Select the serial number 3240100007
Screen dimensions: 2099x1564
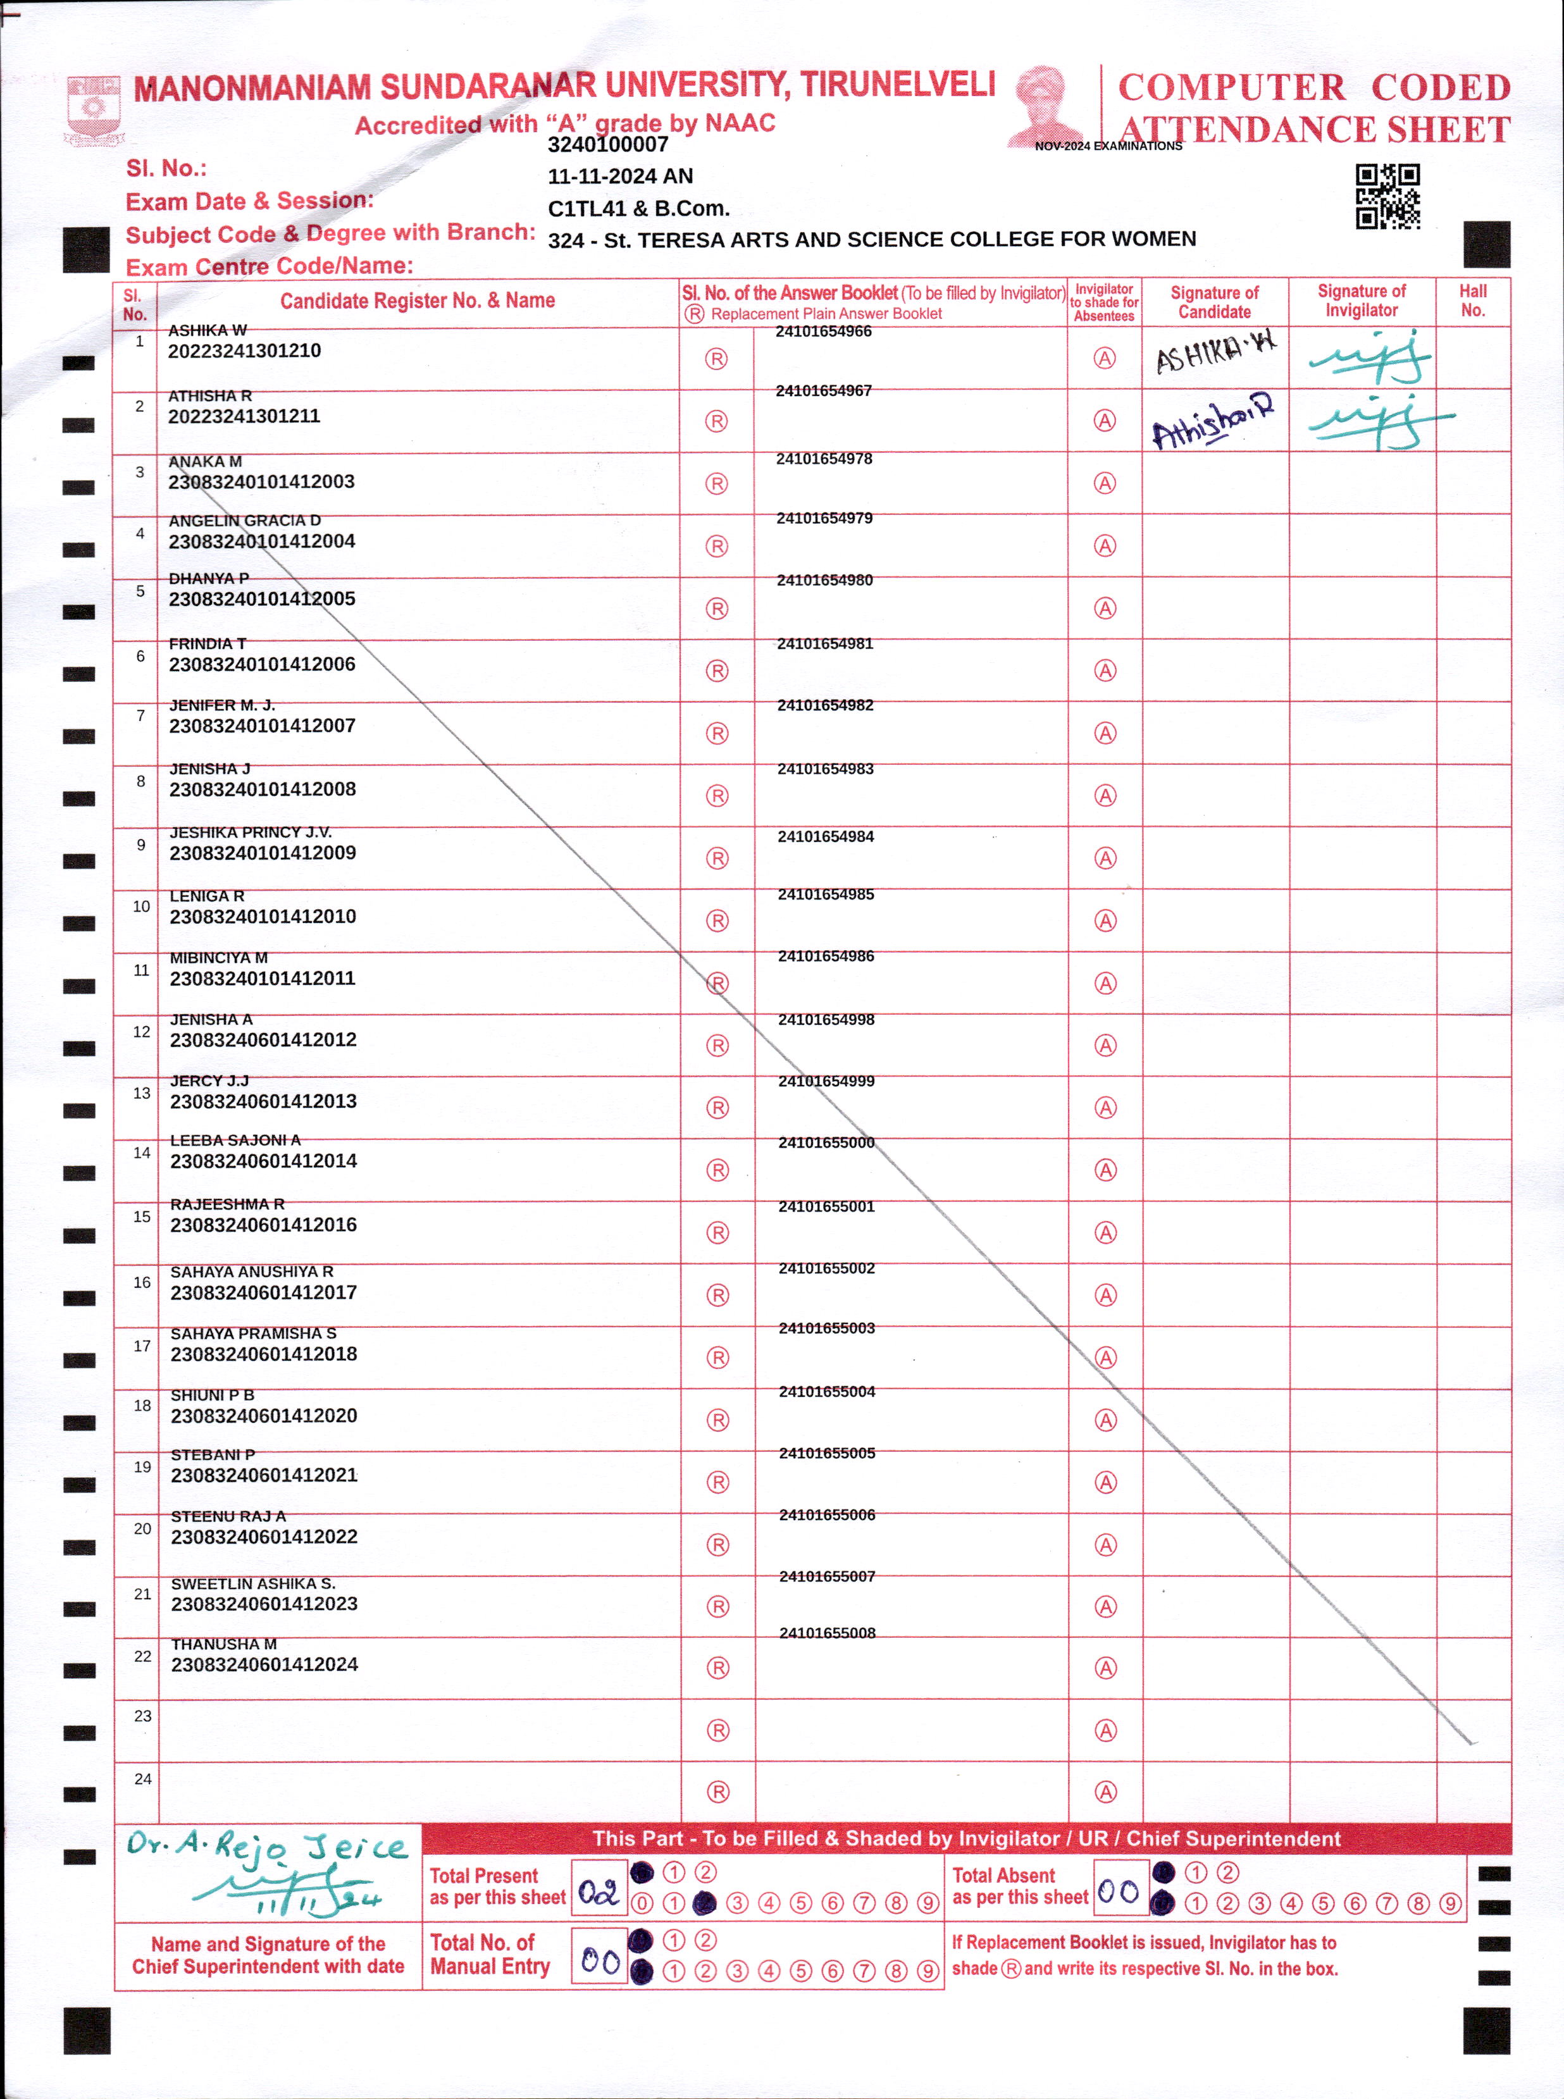[608, 145]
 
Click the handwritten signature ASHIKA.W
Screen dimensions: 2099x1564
[1215, 352]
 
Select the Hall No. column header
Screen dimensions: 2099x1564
[1472, 301]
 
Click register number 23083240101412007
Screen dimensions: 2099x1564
[262, 726]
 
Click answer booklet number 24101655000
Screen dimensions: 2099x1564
[826, 1142]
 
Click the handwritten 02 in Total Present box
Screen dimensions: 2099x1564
[599, 1892]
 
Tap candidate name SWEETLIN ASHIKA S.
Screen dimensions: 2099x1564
[253, 1583]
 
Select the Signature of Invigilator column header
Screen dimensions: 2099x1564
[1362, 301]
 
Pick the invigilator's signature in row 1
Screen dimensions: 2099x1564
[1369, 357]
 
